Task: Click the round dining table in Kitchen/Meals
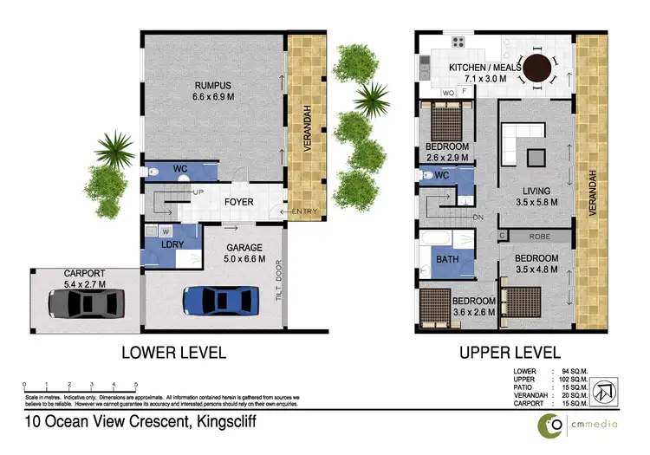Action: coord(540,68)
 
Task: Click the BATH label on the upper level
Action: coord(448,259)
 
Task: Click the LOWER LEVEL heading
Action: coord(174,353)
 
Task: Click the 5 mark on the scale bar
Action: coord(136,383)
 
